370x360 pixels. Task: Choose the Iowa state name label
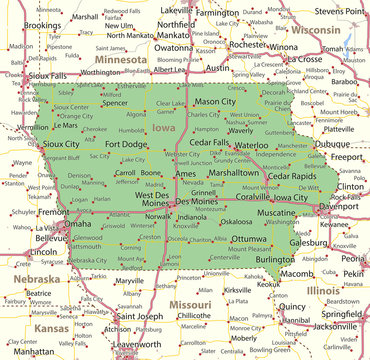click(163, 128)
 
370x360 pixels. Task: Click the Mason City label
click(214, 102)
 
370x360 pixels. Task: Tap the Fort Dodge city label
click(126, 145)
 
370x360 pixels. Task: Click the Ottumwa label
click(248, 240)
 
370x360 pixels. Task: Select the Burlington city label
click(275, 259)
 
